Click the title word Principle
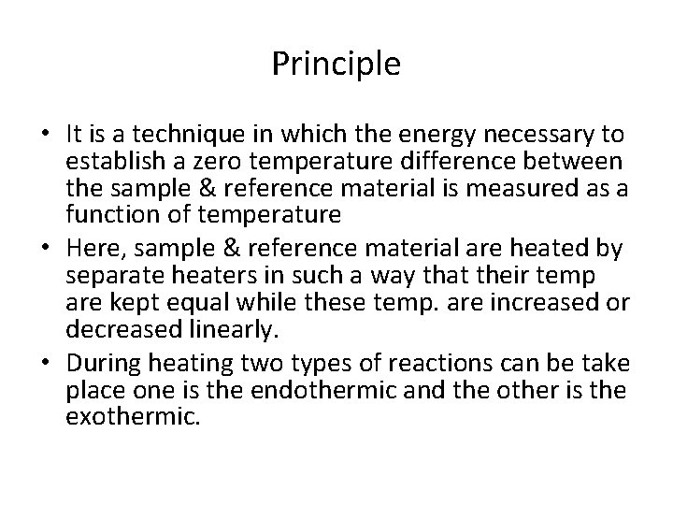336,64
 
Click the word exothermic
134,416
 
